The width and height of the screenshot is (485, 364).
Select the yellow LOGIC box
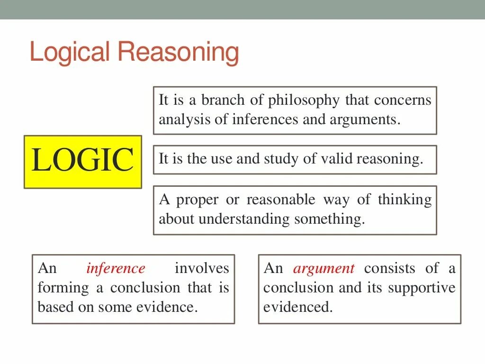coord(83,161)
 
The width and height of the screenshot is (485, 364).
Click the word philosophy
coord(304,100)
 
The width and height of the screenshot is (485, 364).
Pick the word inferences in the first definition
coord(265,119)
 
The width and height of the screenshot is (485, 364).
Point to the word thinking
coord(404,200)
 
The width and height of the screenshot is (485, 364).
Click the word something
coord(330,219)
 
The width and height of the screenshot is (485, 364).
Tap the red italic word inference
coord(116,268)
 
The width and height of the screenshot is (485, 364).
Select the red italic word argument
coord(323,269)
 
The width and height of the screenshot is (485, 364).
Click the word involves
coord(202,268)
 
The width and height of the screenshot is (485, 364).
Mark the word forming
coord(57,288)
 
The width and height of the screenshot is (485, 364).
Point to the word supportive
coord(422,288)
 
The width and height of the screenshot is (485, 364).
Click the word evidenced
coord(298,307)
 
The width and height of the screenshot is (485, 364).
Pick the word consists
coord(389,268)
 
